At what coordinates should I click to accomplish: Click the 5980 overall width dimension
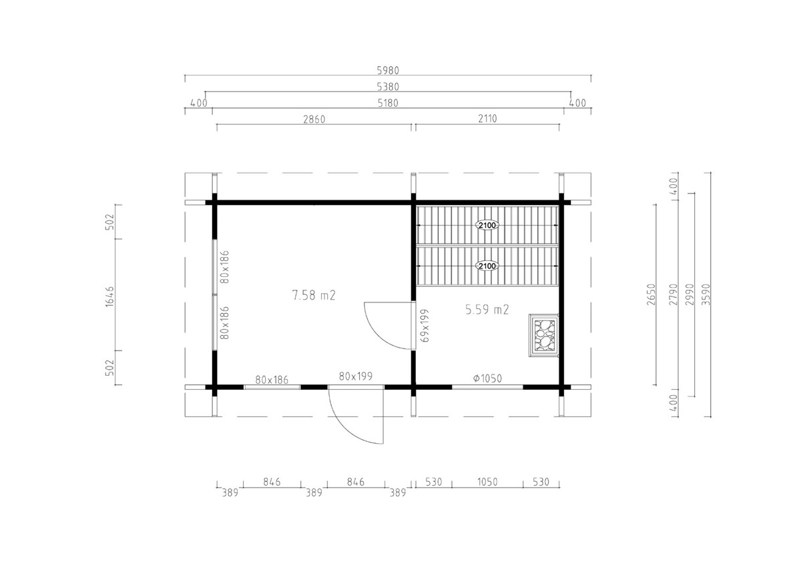click(388, 71)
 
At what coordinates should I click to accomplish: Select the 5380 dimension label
click(388, 87)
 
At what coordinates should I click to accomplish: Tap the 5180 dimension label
click(388, 103)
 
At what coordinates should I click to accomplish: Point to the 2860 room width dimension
click(314, 119)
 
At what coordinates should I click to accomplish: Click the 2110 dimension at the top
click(487, 118)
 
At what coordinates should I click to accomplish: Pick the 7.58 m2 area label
click(314, 296)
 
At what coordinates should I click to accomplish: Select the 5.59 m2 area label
click(487, 309)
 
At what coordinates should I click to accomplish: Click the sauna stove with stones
click(543, 336)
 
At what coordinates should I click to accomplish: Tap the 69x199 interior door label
click(425, 326)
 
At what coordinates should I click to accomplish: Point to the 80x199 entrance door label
click(355, 376)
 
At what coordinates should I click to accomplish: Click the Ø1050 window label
click(487, 378)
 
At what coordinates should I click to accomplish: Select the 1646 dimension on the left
click(109, 296)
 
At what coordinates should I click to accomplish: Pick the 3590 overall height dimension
click(706, 295)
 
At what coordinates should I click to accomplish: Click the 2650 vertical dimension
click(651, 294)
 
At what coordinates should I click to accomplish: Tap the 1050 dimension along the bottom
click(487, 482)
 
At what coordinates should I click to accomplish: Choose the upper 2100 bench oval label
click(487, 226)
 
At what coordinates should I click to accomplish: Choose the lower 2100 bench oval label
click(487, 266)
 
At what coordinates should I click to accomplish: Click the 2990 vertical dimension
click(690, 295)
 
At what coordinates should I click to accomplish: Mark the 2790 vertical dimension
click(673, 295)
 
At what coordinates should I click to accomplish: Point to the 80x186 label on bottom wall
click(272, 380)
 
